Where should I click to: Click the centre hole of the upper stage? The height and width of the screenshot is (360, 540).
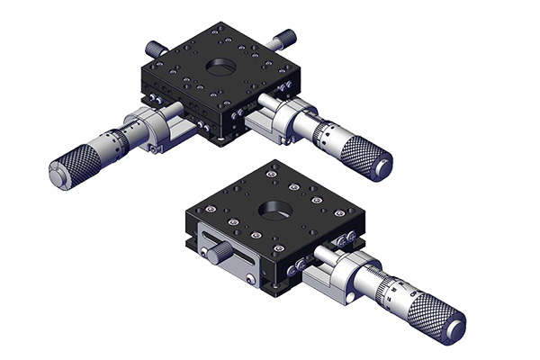click(218, 67)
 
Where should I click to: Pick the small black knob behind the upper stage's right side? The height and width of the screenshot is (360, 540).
click(286, 38)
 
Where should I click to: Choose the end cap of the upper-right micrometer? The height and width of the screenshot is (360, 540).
click(385, 168)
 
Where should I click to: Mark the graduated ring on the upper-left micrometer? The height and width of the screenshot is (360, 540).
click(112, 144)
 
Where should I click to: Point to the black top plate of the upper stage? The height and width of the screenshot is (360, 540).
click(180, 81)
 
